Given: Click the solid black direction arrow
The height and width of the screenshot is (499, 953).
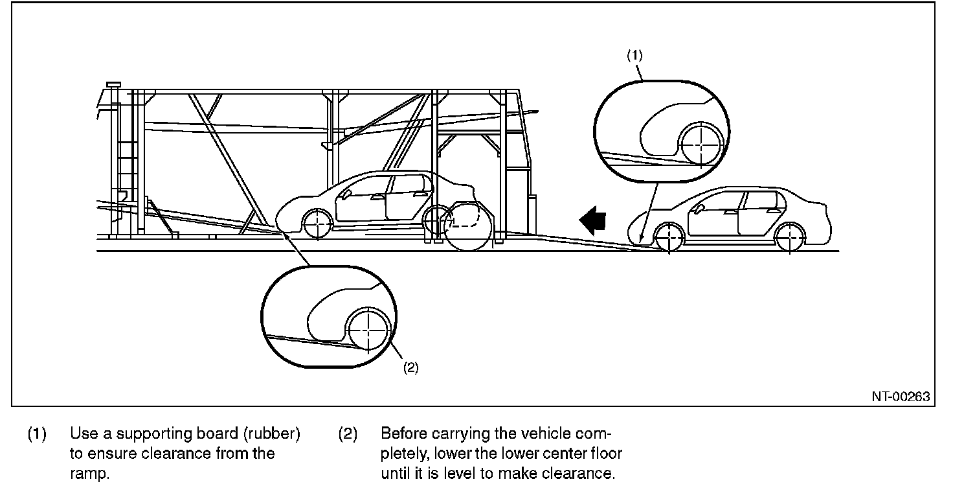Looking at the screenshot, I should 592,220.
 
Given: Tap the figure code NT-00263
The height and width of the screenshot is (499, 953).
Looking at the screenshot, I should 900,397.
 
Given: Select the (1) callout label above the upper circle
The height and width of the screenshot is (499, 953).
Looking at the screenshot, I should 634,56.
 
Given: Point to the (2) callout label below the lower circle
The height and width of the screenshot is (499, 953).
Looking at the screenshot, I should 410,367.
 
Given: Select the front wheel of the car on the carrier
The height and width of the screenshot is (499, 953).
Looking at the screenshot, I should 318,224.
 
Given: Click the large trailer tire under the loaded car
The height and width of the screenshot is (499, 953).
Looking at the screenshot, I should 467,227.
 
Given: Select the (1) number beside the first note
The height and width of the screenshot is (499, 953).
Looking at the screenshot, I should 36,434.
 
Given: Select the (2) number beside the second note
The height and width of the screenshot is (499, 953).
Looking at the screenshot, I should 348,434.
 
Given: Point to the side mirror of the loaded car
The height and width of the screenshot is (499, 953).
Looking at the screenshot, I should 348,193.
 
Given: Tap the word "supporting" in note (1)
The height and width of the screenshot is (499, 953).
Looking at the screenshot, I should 140,434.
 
